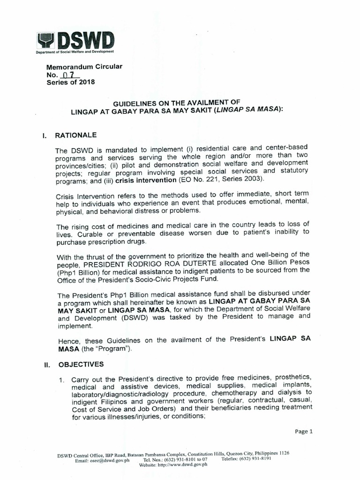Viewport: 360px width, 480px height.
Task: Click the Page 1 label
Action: pos(304,432)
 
